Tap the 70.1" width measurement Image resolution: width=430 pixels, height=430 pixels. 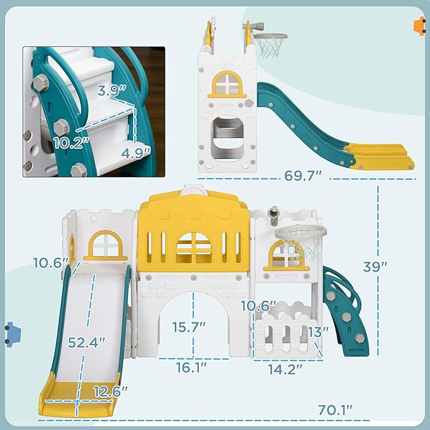[334, 410]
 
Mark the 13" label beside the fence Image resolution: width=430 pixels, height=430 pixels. [319, 331]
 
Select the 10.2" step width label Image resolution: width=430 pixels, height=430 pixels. [71, 141]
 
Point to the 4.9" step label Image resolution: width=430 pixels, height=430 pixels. [136, 152]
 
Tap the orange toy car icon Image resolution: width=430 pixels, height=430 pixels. [419, 26]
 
